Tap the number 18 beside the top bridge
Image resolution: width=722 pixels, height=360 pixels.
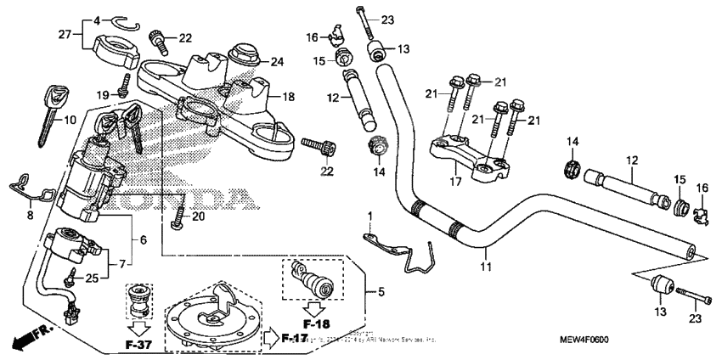coord(288,97)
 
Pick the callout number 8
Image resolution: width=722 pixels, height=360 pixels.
coord(30,216)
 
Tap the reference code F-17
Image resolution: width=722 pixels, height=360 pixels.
coord(294,339)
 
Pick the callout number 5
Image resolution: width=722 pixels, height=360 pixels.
coord(381,293)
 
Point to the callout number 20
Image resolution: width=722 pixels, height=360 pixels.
coord(198,217)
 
